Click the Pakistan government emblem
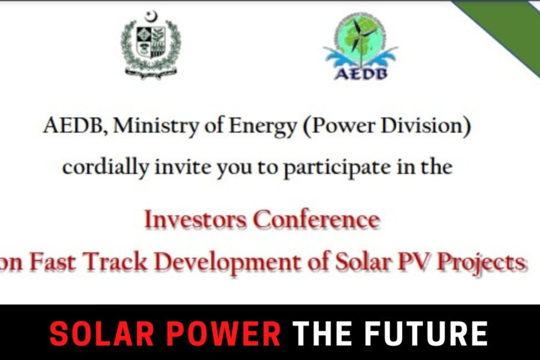click(151, 45)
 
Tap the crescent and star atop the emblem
click(151, 17)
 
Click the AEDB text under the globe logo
click(361, 73)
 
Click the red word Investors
click(195, 220)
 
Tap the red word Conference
click(316, 220)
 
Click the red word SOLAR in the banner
click(102, 333)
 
